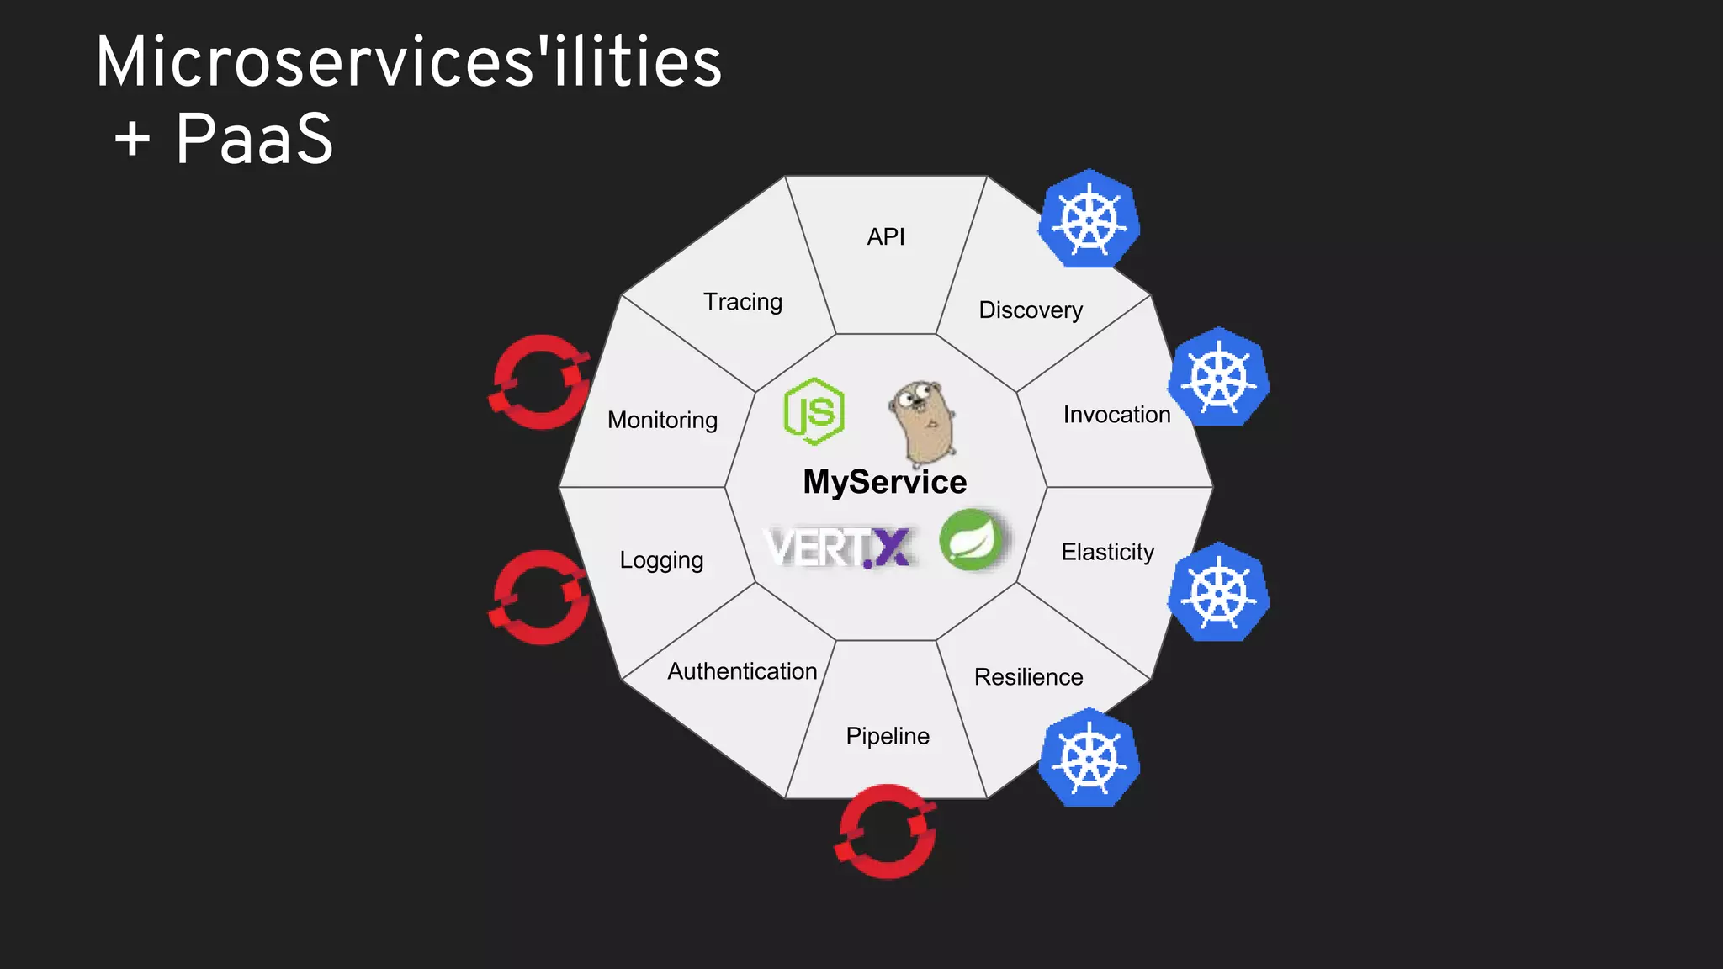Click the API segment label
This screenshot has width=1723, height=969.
coord(886,237)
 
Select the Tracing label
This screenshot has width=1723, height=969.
coord(743,302)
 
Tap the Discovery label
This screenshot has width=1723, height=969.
coord(1031,310)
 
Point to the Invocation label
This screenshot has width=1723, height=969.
coord(1116,415)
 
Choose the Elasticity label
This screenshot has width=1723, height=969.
coord(1107,552)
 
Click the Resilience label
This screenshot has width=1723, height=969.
coord(1028,677)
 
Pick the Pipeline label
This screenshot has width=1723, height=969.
coord(888,736)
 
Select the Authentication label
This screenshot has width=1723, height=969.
coord(742,671)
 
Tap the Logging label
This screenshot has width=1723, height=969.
coord(661,560)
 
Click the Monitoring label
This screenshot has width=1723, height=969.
coord(662,420)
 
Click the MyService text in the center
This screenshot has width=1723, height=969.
coord(885,482)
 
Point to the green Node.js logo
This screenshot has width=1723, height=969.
coord(814,411)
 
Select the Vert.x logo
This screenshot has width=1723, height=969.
coord(839,548)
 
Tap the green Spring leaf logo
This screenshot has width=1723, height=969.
coord(972,540)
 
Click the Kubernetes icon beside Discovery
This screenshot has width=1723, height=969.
coord(1089,220)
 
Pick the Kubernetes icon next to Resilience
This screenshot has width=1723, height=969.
coord(1089,758)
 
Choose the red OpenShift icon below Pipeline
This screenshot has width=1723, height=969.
coord(886,832)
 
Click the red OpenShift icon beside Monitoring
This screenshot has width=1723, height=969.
coord(540,383)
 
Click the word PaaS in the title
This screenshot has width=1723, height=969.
coord(254,139)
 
